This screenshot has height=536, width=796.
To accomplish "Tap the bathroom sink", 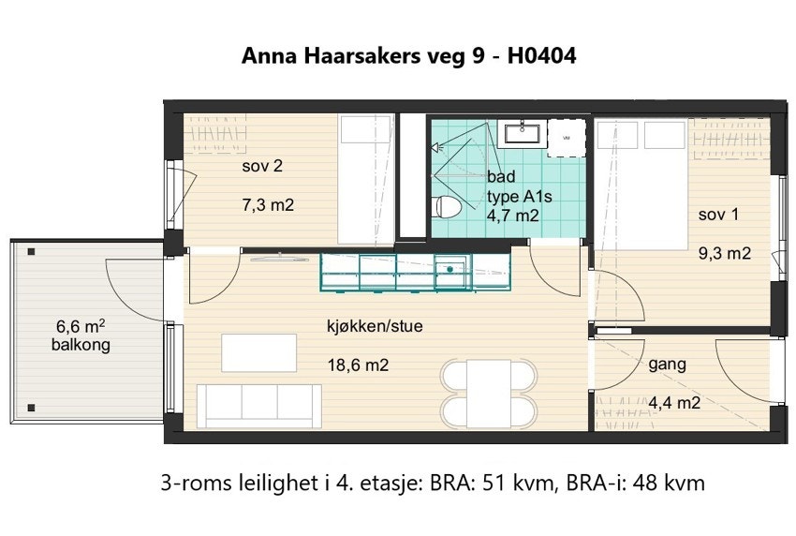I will (x=520, y=133).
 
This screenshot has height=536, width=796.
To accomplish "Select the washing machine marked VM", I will (x=566, y=137).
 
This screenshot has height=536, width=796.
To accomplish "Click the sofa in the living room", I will (x=259, y=405).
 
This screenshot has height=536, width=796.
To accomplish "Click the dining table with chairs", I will (x=490, y=391).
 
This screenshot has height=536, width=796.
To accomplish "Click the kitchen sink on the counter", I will (x=451, y=271).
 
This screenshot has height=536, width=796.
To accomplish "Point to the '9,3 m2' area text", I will (x=725, y=252).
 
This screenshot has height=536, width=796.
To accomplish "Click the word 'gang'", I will (x=667, y=365).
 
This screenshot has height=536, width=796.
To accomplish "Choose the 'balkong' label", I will (x=81, y=345).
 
